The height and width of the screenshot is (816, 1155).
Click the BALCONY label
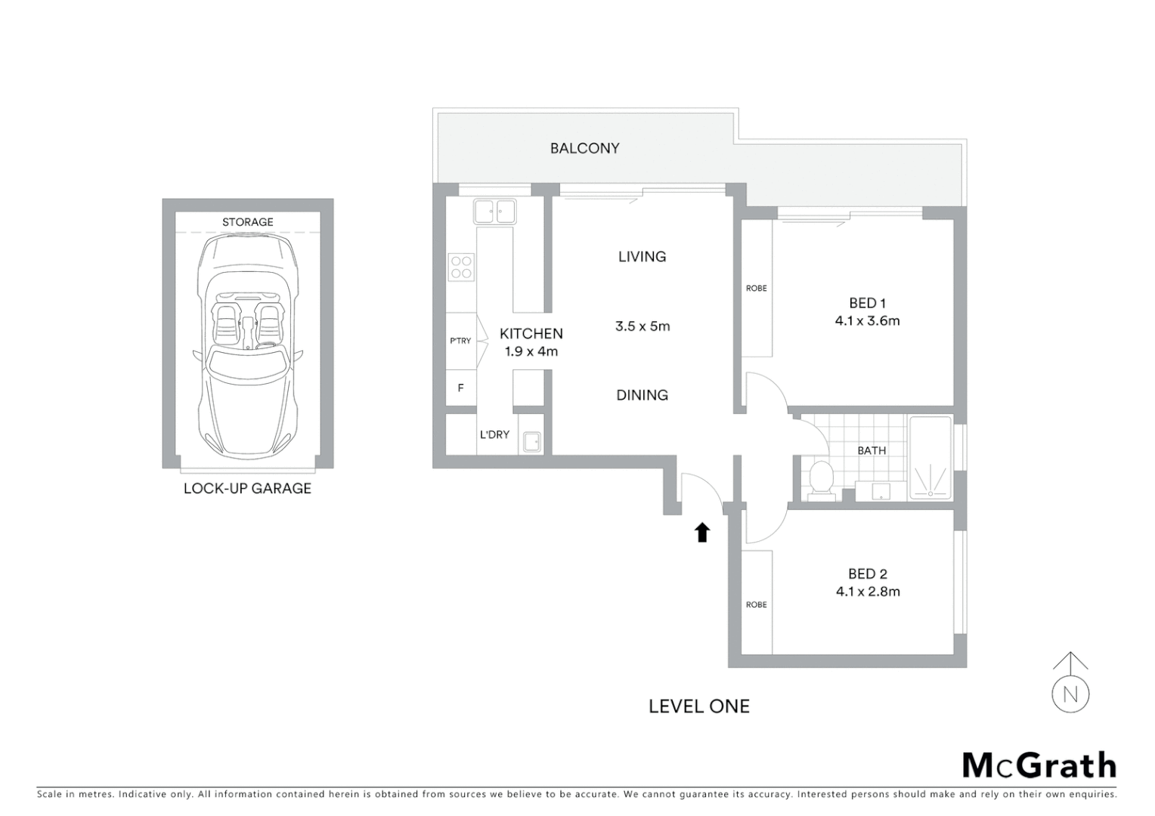pyautogui.click(x=584, y=149)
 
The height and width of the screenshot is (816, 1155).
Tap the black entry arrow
pyautogui.click(x=702, y=533)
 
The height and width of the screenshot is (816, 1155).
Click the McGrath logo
pyautogui.click(x=1039, y=765)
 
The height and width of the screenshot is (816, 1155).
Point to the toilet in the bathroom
pyautogui.click(x=821, y=480)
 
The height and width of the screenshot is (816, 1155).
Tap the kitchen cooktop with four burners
pyautogui.click(x=461, y=267)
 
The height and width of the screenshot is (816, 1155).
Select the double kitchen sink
pyautogui.click(x=494, y=211)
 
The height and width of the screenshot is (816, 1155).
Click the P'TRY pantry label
pyautogui.click(x=460, y=341)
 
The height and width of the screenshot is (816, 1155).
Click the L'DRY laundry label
pyautogui.click(x=494, y=434)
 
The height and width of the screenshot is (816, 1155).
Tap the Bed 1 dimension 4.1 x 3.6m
pyautogui.click(x=867, y=321)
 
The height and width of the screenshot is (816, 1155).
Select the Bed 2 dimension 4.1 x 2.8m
pyautogui.click(x=868, y=592)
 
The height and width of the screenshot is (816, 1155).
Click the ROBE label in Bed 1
pyautogui.click(x=756, y=289)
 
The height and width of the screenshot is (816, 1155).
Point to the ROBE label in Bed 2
pyautogui.click(x=756, y=604)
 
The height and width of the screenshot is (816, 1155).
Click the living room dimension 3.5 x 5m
pyautogui.click(x=643, y=326)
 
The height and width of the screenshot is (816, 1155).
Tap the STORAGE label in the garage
pyautogui.click(x=247, y=222)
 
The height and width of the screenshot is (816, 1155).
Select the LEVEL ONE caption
pyautogui.click(x=698, y=706)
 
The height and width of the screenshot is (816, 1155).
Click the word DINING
pyautogui.click(x=642, y=395)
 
